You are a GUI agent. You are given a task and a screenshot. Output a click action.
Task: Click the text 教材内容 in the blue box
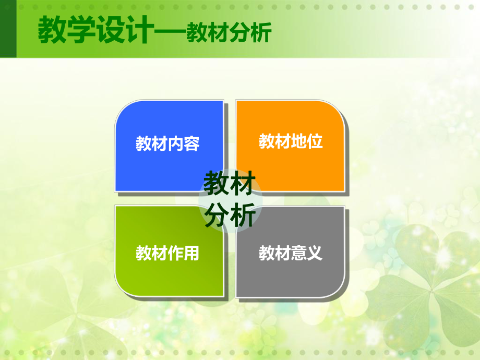click(x=167, y=143)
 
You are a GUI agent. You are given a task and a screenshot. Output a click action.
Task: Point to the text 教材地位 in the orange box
click(x=291, y=141)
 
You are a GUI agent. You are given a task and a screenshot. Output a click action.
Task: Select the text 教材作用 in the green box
click(x=167, y=254)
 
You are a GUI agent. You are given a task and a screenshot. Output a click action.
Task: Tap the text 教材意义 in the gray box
click(x=291, y=254)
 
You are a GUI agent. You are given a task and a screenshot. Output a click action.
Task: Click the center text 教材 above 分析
click(x=230, y=184)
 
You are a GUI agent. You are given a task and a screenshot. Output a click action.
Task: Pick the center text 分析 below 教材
click(x=230, y=215)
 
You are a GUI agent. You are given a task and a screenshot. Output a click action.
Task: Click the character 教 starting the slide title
click(x=52, y=32)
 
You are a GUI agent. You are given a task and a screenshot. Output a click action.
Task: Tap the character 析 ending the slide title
click(x=261, y=33)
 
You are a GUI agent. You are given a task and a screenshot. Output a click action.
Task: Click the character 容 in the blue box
click(x=191, y=143)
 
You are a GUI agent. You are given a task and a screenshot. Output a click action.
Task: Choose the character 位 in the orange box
click(x=315, y=141)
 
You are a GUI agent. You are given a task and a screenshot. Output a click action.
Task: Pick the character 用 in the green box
click(x=191, y=254)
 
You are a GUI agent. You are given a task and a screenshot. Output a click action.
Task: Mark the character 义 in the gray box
click(x=315, y=254)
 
